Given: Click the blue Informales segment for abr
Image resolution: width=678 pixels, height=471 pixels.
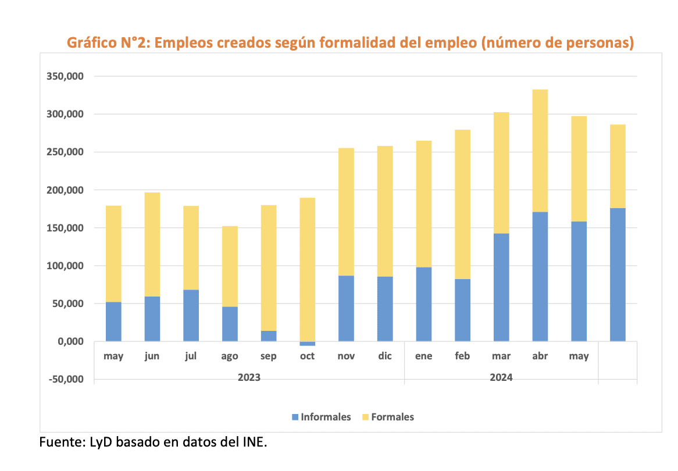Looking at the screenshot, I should (540, 276).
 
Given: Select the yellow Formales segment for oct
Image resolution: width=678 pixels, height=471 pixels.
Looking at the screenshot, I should (307, 269).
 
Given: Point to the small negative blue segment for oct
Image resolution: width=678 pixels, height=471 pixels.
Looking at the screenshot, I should (307, 344).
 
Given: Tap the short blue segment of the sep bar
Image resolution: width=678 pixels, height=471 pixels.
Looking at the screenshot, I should (269, 336).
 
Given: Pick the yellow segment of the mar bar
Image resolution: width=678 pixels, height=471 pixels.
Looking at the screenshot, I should (501, 173).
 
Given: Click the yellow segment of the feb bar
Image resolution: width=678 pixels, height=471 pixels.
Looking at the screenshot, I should (462, 204).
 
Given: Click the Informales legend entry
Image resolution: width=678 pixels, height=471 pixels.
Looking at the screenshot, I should (322, 417).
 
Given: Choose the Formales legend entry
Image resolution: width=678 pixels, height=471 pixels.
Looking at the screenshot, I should (388, 417).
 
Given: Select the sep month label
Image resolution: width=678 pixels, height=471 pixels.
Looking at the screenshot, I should (269, 356).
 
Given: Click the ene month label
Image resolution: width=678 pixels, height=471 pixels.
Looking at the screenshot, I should (423, 356).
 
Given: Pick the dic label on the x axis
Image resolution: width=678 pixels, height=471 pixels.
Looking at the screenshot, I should (385, 356).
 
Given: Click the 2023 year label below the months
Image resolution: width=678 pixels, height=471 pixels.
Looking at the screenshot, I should (249, 377).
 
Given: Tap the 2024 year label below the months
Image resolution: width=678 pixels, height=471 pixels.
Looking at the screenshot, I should (501, 377).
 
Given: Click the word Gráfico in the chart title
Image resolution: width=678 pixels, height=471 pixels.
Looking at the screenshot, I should (91, 42).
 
